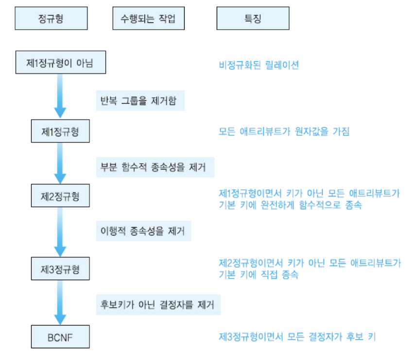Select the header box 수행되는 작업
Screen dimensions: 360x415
[x=148, y=19]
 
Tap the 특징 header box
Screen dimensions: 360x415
[x=253, y=19]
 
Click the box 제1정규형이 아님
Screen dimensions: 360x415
[x=60, y=62]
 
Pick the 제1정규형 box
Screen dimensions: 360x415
[x=60, y=131]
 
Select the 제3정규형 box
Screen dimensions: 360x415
[x=60, y=269]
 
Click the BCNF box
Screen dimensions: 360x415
[x=60, y=336]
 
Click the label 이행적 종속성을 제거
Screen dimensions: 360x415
[x=143, y=232]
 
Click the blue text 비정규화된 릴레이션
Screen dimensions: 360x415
[x=259, y=65]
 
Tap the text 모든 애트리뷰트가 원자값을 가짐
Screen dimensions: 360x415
[x=284, y=131]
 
